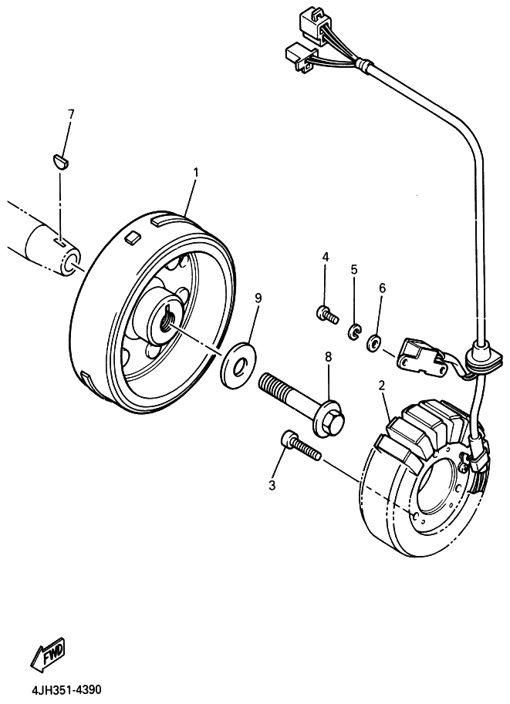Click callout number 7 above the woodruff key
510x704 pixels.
pyautogui.click(x=70, y=114)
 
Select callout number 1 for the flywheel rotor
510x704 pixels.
pyautogui.click(x=196, y=173)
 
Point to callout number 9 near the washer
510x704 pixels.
pyautogui.click(x=258, y=298)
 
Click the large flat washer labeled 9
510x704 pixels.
pyautogui.click(x=238, y=361)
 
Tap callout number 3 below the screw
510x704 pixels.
pyautogui.click(x=272, y=485)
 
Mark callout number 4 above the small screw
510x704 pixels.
pyautogui.click(x=326, y=257)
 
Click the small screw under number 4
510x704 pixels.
pyautogui.click(x=326, y=315)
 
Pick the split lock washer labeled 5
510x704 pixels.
pyautogui.click(x=354, y=332)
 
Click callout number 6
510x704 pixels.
pyautogui.click(x=383, y=288)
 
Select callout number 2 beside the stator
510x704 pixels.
pyautogui.click(x=381, y=386)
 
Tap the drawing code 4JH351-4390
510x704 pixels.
pyautogui.click(x=66, y=689)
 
